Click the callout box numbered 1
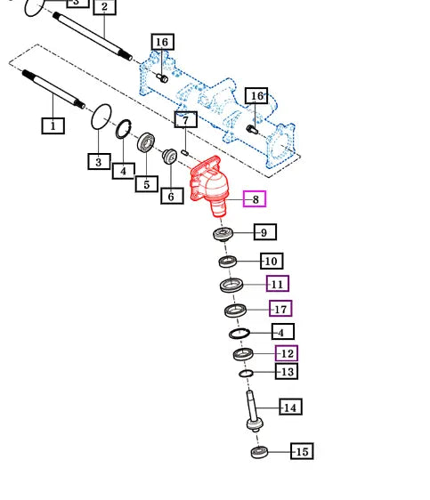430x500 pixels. pyautogui.click(x=53, y=125)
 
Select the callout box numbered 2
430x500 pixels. pyautogui.click(x=105, y=7)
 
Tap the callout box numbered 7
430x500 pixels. pyautogui.click(x=186, y=119)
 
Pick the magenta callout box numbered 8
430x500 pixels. pyautogui.click(x=255, y=199)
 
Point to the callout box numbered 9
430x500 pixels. pyautogui.click(x=265, y=232)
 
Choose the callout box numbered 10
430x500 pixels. pyautogui.click(x=272, y=261)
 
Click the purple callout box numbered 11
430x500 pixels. pyautogui.click(x=278, y=284)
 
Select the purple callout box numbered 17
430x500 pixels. pyautogui.click(x=280, y=309)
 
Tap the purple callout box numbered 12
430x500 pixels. pyautogui.click(x=287, y=353)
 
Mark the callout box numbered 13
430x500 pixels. pyautogui.click(x=287, y=372)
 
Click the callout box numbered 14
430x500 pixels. pyautogui.click(x=290, y=407)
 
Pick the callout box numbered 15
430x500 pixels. pyautogui.click(x=302, y=451)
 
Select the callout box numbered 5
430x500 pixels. pyautogui.click(x=147, y=184)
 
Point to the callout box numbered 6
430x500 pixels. pyautogui.click(x=172, y=196)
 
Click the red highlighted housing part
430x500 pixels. pyautogui.click(x=209, y=186)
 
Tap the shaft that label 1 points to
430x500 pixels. pyautogui.click(x=53, y=89)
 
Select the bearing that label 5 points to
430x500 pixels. pyautogui.click(x=146, y=142)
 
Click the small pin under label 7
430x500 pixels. pyautogui.click(x=184, y=153)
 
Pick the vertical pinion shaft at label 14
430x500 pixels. pyautogui.click(x=254, y=411)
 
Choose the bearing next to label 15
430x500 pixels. pyautogui.click(x=259, y=452)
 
